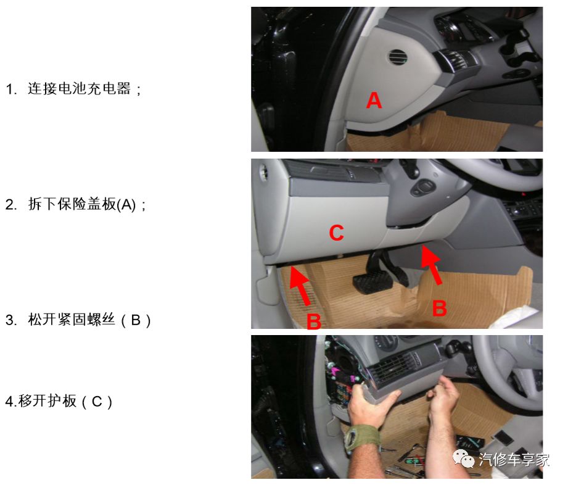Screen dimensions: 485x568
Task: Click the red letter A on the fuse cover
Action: pos(374,100)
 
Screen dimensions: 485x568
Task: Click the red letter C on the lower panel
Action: pos(336,233)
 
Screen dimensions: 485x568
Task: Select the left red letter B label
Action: pos(313,320)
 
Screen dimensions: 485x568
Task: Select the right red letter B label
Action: pos(439,308)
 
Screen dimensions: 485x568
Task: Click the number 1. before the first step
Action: pos(11,89)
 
